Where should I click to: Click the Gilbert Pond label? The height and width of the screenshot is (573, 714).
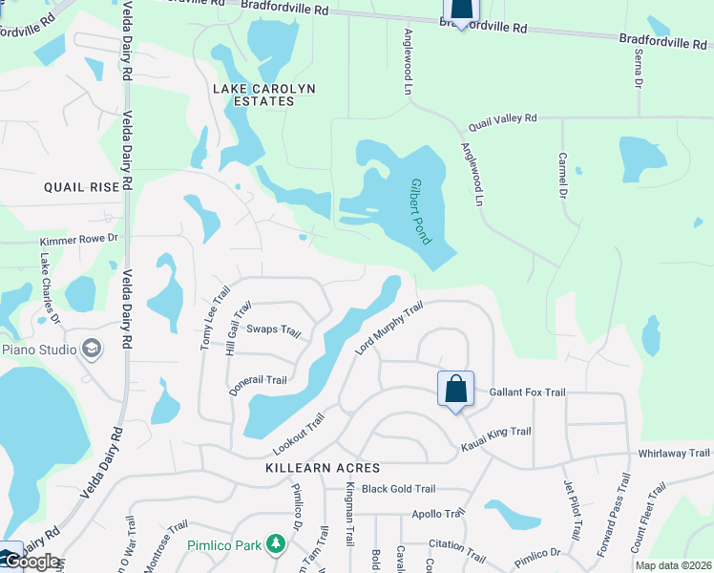(x=417, y=209)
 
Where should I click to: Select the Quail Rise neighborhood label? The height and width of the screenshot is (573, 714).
(x=82, y=187)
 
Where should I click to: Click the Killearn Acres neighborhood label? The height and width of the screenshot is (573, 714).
(x=324, y=468)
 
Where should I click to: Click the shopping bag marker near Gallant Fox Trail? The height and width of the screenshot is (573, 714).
(x=455, y=390)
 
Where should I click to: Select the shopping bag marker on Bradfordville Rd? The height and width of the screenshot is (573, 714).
(x=461, y=10)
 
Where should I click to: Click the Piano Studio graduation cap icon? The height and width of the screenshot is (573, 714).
(x=92, y=349)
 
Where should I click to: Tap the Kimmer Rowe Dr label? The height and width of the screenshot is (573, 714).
(x=78, y=242)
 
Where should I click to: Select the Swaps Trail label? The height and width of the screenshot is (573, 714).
(x=274, y=330)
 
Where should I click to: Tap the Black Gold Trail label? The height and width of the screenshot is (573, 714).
(x=399, y=489)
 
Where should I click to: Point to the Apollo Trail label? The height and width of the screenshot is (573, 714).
(x=437, y=514)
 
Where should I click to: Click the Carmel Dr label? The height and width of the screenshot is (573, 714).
(x=563, y=175)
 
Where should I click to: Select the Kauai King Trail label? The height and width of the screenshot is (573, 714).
(x=495, y=437)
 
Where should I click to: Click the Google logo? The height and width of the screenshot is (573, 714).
(x=31, y=562)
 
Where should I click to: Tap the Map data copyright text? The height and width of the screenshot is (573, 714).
(x=673, y=565)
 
